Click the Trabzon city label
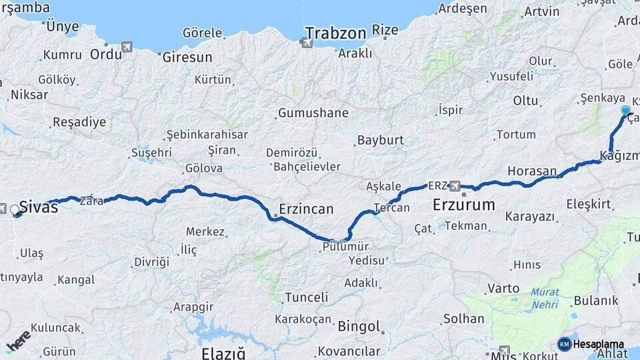336,33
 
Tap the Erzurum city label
464,205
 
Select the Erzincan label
307,209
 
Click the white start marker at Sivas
15,210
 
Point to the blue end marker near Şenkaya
625,110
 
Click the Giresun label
187,57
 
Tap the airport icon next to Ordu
127,47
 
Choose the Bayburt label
381,141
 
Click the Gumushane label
313,113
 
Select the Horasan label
531,171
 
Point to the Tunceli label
306,297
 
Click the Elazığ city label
223,353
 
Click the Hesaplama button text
599,344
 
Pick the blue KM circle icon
564,344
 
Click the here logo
18,341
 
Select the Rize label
385,30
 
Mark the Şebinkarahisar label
207,135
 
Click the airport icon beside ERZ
456,185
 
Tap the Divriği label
151,262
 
